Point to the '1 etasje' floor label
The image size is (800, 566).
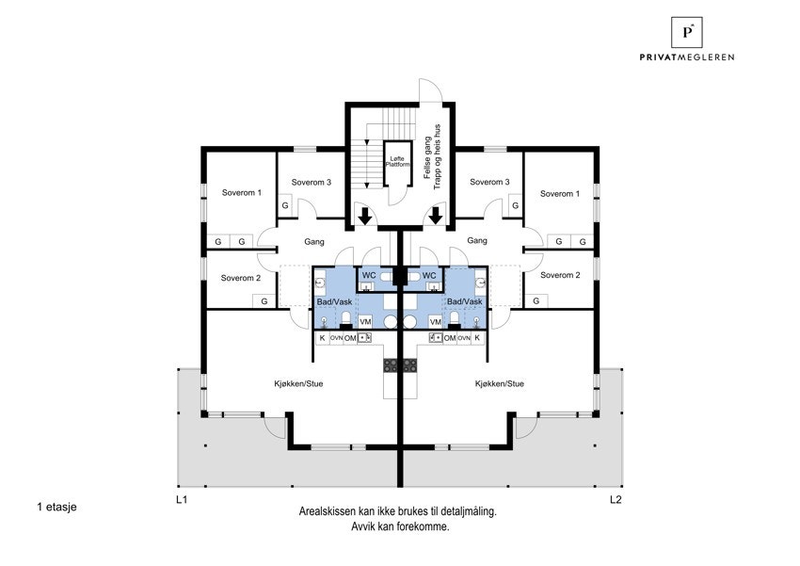56,507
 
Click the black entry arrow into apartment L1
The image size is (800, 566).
365,217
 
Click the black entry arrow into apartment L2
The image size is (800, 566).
436,217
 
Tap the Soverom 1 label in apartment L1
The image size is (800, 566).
242,192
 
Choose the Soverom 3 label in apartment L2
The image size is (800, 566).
489,182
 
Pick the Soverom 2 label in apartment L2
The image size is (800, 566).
560,275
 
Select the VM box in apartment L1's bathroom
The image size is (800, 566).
366,321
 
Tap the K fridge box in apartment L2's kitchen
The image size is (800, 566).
478,337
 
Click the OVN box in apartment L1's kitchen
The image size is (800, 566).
335,337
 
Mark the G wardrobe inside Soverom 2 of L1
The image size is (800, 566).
264,300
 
